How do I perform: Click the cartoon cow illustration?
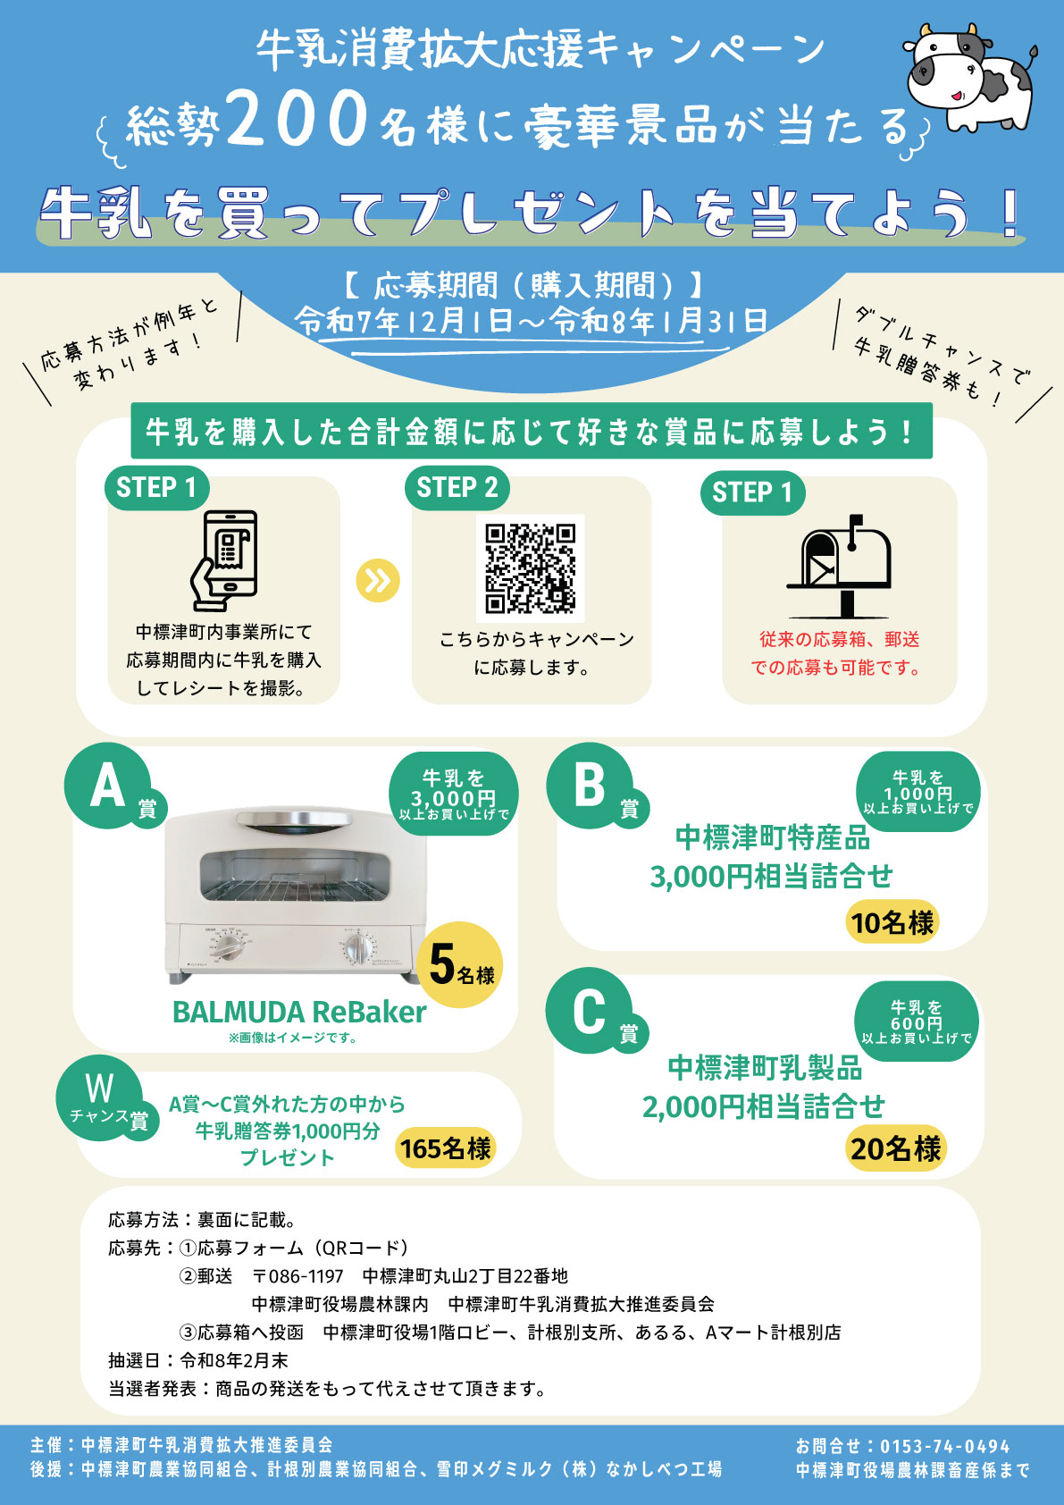(x=970, y=77)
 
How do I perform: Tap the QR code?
(x=530, y=568)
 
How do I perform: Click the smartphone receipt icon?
(x=225, y=560)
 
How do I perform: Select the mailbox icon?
(x=839, y=567)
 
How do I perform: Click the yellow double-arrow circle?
(x=378, y=581)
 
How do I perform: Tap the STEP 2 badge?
(x=457, y=488)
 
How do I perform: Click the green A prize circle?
(x=107, y=786)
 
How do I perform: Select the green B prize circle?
(x=589, y=786)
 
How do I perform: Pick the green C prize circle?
(x=589, y=1010)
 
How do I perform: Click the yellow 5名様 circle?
(x=460, y=965)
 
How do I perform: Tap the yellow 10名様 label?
(x=892, y=921)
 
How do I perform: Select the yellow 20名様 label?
(x=895, y=1148)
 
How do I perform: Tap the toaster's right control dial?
(x=360, y=949)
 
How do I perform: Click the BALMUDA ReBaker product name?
(x=299, y=1013)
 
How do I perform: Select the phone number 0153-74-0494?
(x=945, y=1447)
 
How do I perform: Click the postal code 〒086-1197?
(x=298, y=1276)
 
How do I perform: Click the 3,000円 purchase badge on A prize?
(x=454, y=794)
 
